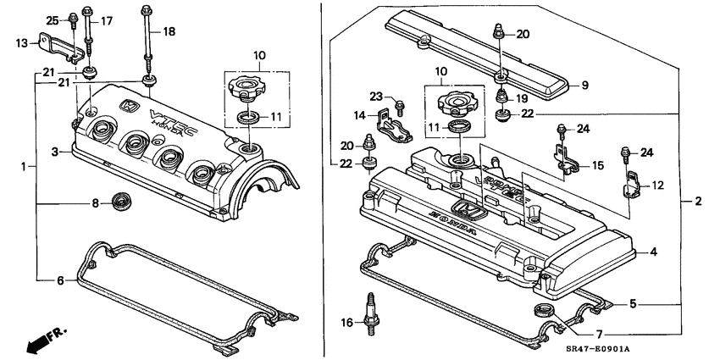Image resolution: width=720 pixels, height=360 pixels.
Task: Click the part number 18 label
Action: (x=169, y=31)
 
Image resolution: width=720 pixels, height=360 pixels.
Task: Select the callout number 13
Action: (x=21, y=41)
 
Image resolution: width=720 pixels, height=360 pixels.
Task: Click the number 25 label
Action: (x=51, y=19)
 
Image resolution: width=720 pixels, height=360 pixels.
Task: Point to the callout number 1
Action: (x=24, y=167)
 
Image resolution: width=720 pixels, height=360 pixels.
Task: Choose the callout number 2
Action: (x=698, y=201)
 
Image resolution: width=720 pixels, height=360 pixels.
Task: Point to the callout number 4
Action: (x=652, y=252)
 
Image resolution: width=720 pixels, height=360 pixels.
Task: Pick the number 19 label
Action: (x=523, y=98)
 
